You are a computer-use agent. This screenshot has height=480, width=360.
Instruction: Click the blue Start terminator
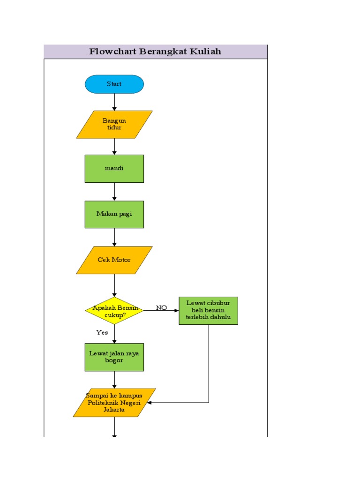pyautogui.click(x=114, y=84)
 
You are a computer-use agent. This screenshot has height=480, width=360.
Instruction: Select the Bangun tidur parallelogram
pyautogui.click(x=114, y=124)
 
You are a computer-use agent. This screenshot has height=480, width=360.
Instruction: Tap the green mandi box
pyautogui.click(x=114, y=168)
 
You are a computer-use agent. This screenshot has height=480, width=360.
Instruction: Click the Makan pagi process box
pyautogui.click(x=114, y=214)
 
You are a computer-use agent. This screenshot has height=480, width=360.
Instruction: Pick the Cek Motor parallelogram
pyautogui.click(x=114, y=260)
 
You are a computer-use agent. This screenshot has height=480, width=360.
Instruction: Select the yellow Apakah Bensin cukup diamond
pyautogui.click(x=114, y=311)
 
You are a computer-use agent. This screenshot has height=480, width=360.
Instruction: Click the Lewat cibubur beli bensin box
pyautogui.click(x=208, y=310)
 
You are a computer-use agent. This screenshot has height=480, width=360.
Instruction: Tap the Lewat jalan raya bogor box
pyautogui.click(x=114, y=357)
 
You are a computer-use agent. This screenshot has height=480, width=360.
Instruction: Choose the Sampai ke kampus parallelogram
pyautogui.click(x=114, y=403)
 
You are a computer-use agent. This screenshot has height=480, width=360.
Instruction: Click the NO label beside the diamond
pyautogui.click(x=161, y=307)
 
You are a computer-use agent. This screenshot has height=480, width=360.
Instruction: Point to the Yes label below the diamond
pyautogui.click(x=102, y=332)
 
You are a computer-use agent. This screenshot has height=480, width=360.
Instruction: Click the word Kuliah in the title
pyautogui.click(x=205, y=52)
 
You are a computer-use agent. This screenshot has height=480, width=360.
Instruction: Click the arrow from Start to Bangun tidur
pyautogui.click(x=114, y=102)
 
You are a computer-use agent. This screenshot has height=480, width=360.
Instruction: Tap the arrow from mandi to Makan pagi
pyautogui.click(x=114, y=191)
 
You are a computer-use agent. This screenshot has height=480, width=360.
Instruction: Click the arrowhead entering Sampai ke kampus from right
pyautogui.click(x=150, y=403)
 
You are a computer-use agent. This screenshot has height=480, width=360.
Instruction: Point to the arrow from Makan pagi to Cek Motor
pyautogui.click(x=114, y=237)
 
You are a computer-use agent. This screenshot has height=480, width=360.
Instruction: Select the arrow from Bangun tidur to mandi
pyautogui.click(x=114, y=146)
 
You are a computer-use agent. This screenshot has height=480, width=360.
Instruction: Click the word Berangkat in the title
pyautogui.click(x=162, y=52)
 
